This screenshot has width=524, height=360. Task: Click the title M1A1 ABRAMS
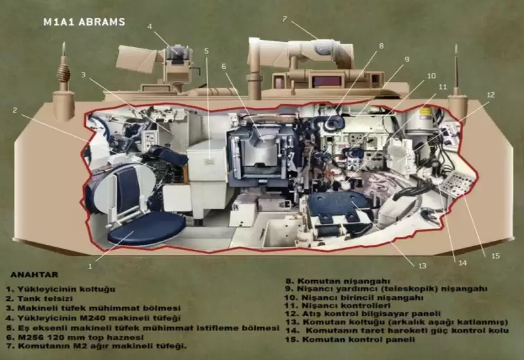[84, 22]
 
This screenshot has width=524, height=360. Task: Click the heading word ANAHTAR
[35, 275]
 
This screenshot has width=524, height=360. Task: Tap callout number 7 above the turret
[284, 19]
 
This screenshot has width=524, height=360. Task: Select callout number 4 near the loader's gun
[149, 26]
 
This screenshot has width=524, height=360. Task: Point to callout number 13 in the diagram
[422, 266]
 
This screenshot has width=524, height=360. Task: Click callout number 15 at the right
[495, 256]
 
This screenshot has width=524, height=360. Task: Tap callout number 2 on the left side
[14, 110]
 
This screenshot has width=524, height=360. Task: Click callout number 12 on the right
[491, 95]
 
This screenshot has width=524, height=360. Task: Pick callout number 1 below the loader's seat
[90, 266]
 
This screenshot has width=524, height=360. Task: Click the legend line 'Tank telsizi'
[39, 298]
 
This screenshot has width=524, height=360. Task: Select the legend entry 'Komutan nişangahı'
[337, 281]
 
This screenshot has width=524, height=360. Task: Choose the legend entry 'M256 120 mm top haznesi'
[75, 337]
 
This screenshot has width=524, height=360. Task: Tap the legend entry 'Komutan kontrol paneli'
[350, 339]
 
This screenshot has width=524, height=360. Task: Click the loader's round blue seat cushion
[146, 227]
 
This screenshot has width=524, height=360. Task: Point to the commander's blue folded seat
[339, 205]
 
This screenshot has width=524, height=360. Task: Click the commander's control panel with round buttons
[460, 183]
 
